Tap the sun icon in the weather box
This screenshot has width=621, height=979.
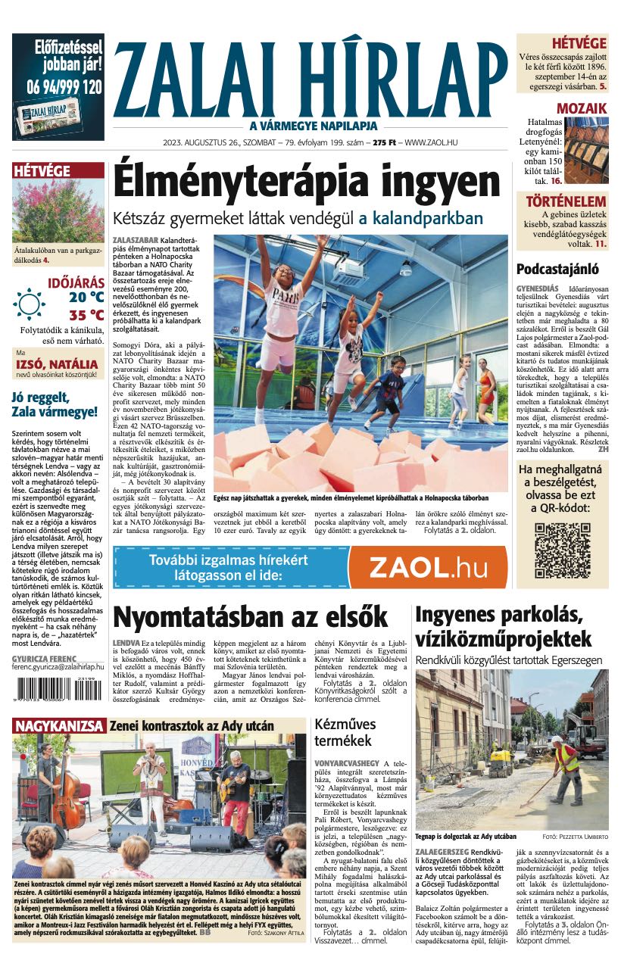[x=29, y=304]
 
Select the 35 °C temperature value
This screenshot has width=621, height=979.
[x=86, y=315]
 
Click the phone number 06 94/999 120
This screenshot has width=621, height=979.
[x=58, y=87]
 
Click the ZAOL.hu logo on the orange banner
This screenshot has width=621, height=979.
[x=426, y=567]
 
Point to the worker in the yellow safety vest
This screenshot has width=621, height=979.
[x=566, y=765]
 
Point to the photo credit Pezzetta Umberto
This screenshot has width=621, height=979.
[x=581, y=837]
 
